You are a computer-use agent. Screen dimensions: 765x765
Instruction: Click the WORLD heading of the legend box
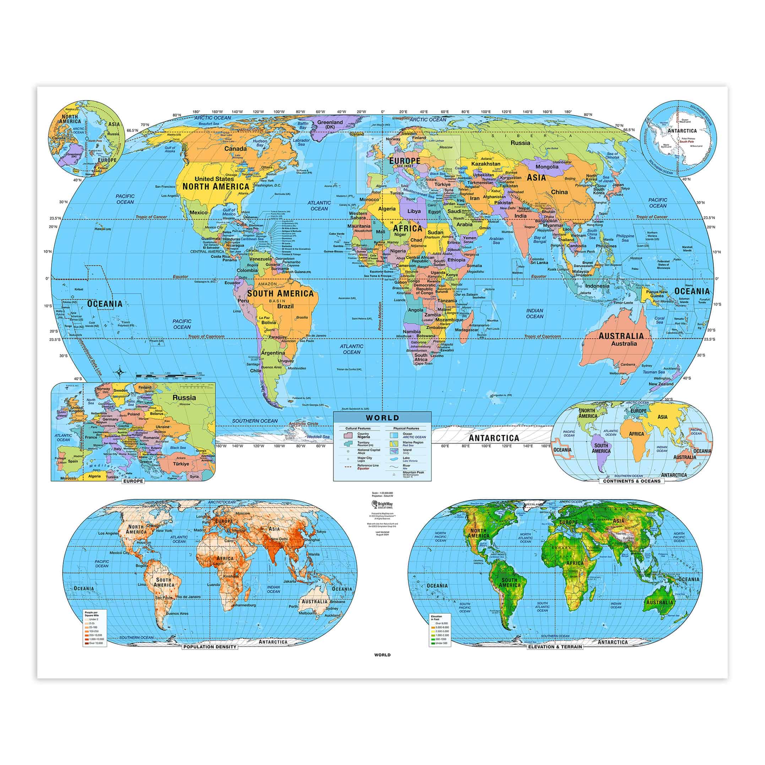(x=382, y=417)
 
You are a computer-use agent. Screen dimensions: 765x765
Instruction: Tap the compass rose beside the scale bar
(x=119, y=372)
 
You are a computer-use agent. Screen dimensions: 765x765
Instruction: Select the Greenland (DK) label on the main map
(x=330, y=124)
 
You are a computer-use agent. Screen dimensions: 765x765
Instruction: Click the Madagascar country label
(x=466, y=330)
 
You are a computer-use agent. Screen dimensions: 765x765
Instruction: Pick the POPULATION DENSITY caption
(x=210, y=647)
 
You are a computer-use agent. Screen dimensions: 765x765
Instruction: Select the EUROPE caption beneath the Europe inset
(x=133, y=481)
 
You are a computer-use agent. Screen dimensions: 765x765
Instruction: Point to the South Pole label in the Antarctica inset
(x=687, y=141)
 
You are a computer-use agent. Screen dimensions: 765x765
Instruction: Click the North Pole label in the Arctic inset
(x=95, y=141)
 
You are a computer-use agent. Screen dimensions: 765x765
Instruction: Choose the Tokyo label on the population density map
(x=321, y=532)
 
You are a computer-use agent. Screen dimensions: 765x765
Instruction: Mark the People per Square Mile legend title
(x=91, y=614)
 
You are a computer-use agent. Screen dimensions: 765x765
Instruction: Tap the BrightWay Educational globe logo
(x=374, y=504)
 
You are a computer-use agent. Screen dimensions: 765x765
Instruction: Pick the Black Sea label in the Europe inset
(x=178, y=448)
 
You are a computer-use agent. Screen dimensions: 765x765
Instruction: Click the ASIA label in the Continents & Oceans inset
(x=662, y=417)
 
